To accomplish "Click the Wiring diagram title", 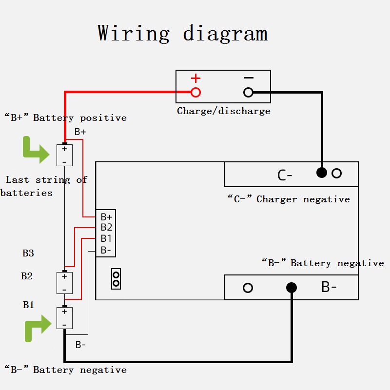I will (182, 33).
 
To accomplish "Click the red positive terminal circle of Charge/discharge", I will (195, 92).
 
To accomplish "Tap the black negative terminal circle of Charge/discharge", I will (248, 92).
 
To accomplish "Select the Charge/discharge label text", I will (223, 111).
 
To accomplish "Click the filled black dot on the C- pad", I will (322, 173).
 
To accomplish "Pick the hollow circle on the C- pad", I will (336, 173).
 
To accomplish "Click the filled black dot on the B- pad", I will (292, 288).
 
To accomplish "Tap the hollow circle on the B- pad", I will (248, 288).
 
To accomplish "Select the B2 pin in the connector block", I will (106, 227).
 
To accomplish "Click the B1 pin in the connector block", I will (106, 238).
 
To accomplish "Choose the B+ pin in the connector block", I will (106, 216).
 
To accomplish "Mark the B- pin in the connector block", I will (106, 250).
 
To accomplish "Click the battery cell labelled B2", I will (64, 283).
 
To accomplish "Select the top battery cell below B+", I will (64, 155).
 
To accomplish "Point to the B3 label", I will (28, 253).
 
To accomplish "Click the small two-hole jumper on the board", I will (116, 279).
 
